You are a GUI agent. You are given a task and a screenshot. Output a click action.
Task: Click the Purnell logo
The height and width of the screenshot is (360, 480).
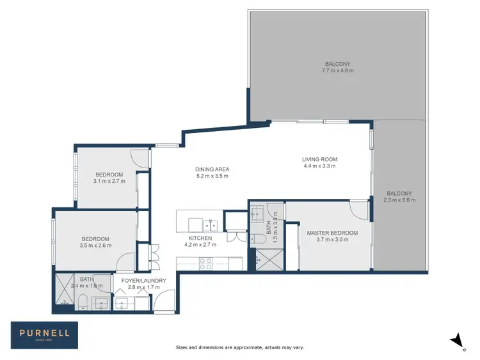[44, 333]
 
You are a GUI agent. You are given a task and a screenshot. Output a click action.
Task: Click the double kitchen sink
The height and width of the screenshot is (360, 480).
[211, 224]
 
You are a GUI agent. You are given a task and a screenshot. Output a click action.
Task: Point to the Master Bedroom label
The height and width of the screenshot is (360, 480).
[332, 233]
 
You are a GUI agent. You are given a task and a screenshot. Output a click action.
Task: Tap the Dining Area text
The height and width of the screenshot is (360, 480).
[212, 169]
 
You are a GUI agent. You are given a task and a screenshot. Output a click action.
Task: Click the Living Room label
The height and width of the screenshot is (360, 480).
[319, 159]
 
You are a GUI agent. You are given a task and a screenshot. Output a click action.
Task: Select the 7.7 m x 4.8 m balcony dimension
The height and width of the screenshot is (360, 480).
[337, 70]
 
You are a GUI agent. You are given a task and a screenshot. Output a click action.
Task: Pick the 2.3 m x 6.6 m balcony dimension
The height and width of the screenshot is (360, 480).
[399, 200]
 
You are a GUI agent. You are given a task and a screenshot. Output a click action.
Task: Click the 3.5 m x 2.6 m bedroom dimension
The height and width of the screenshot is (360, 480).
[95, 245]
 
